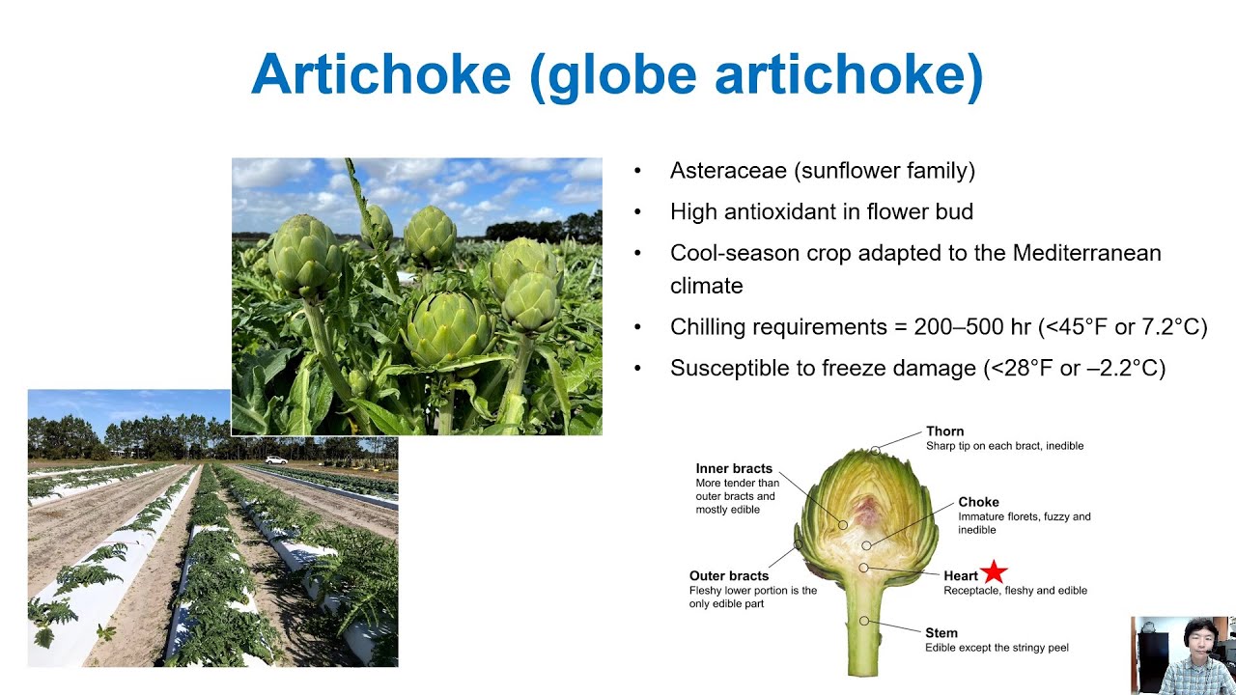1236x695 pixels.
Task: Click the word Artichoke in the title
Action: (380, 73)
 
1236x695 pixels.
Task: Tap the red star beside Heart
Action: (994, 572)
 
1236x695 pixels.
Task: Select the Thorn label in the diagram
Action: (944, 431)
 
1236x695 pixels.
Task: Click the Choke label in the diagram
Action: (978, 502)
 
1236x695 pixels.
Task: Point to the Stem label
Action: (941, 633)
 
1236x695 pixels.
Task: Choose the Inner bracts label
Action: (734, 469)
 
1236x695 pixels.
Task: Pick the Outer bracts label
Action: (729, 576)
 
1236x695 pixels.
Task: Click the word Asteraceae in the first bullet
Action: (729, 171)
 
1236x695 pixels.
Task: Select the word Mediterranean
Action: (1086, 253)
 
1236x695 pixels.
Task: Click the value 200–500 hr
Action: (972, 327)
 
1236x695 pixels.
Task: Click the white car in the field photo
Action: (275, 460)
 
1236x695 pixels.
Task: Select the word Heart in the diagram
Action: (961, 576)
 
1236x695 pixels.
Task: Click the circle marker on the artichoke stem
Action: (864, 621)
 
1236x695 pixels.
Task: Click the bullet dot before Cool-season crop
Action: (637, 253)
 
